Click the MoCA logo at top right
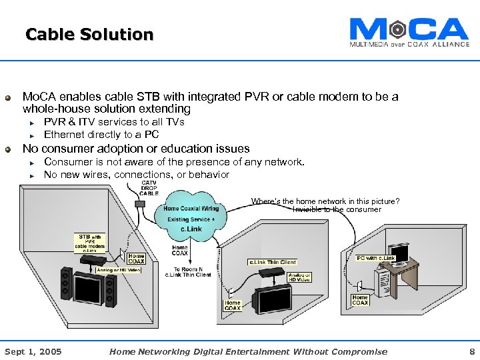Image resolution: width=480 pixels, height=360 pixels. [x=409, y=31]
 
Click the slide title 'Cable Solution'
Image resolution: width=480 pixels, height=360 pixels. [x=89, y=34]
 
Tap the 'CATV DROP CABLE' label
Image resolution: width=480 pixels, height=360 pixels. [x=149, y=188]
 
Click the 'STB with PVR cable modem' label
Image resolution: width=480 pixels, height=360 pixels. [x=90, y=241]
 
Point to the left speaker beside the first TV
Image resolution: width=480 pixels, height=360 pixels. [x=65, y=284]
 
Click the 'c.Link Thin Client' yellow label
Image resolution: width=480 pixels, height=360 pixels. [x=272, y=262]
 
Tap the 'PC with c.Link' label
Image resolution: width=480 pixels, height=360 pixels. [x=376, y=258]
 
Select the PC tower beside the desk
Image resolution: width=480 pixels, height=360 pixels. [x=386, y=281]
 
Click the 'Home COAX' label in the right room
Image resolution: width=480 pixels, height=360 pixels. [x=360, y=300]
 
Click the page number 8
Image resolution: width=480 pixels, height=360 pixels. [x=472, y=351]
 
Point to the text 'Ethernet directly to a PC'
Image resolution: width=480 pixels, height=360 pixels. [x=101, y=135]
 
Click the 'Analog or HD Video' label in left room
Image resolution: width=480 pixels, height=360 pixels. [x=119, y=270]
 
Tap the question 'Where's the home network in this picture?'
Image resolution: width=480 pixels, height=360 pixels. [x=325, y=201]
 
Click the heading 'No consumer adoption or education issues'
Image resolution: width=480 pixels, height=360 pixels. [x=136, y=149]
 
